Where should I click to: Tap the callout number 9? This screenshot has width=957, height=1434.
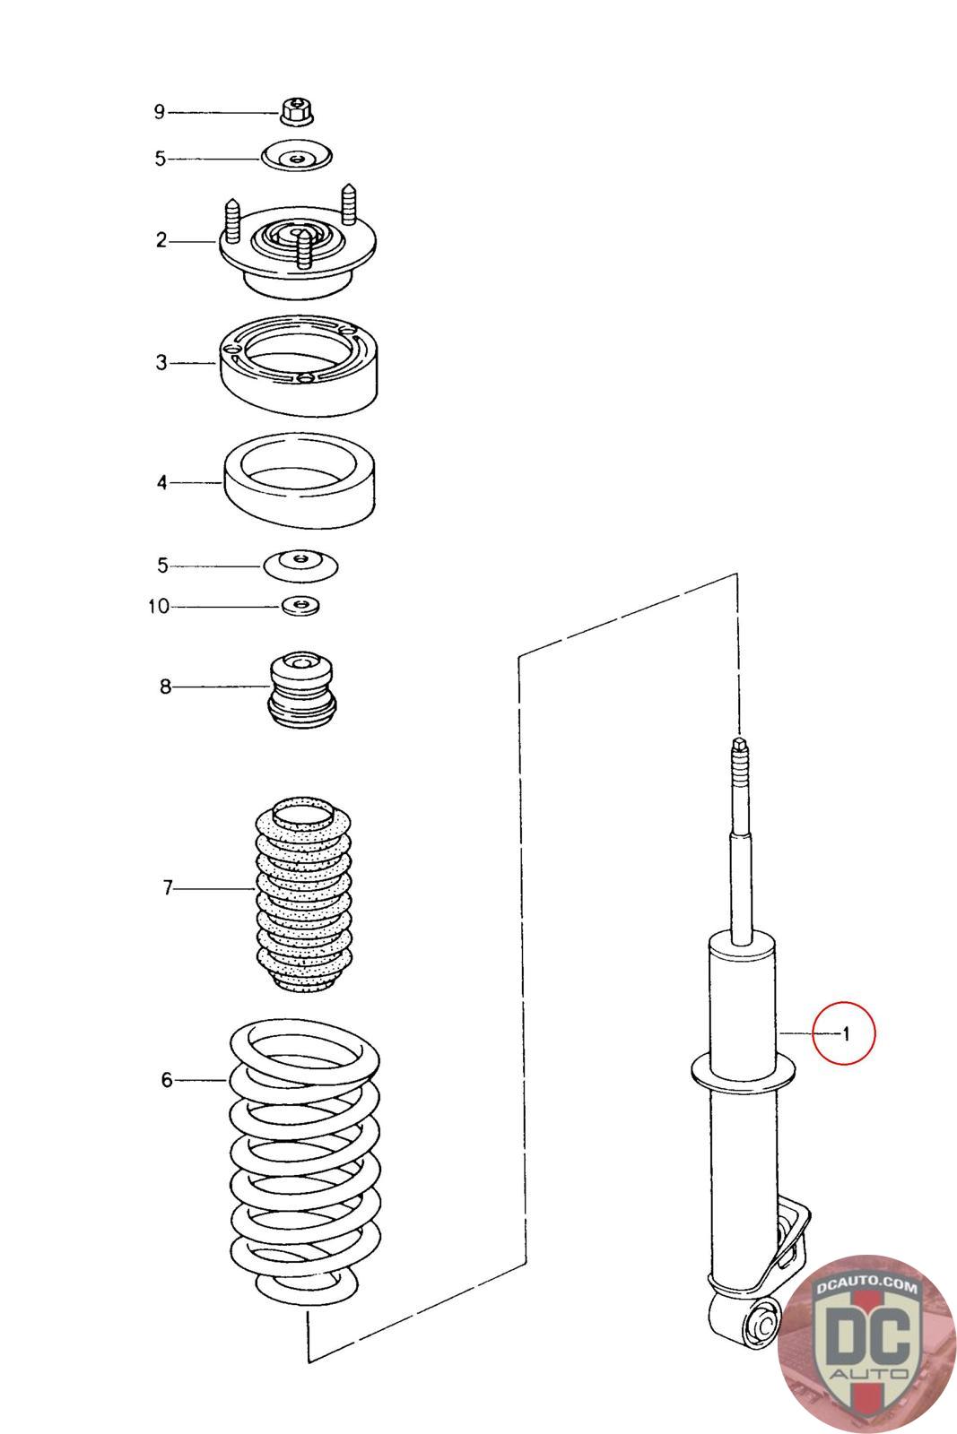point(160,112)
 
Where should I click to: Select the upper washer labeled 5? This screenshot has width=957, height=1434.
point(297,158)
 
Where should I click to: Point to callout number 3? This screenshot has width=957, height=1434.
point(161,363)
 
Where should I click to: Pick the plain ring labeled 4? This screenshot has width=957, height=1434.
point(298,482)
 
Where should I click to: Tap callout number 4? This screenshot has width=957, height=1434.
point(161,483)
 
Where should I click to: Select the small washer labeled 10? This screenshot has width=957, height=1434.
point(301,606)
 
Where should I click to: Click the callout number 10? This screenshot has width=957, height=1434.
point(159,607)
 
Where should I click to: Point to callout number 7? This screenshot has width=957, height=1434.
point(167,888)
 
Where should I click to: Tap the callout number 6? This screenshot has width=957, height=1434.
point(167,1080)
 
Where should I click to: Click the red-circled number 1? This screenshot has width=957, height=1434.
point(844,1033)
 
